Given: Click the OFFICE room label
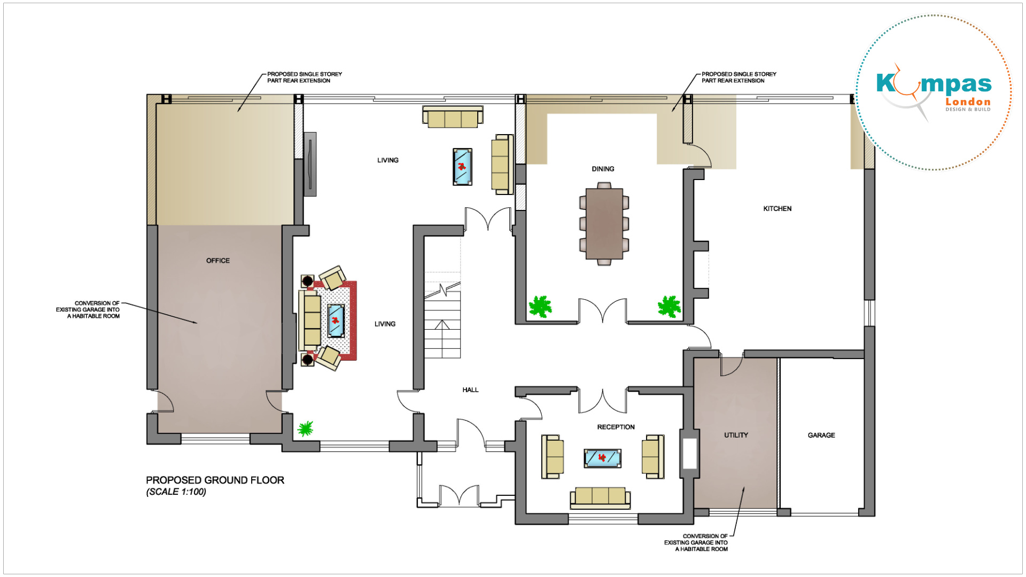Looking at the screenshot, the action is (x=218, y=261).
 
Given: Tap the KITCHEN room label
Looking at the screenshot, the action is (x=777, y=209).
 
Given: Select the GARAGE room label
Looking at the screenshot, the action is (x=821, y=435).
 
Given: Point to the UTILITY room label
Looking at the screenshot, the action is (x=736, y=435).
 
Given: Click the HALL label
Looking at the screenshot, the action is (x=470, y=390).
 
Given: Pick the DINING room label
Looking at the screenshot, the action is (x=603, y=169).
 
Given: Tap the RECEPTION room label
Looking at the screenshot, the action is (x=616, y=427).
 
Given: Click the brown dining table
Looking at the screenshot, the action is (x=604, y=223).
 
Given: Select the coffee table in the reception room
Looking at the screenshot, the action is (x=602, y=458).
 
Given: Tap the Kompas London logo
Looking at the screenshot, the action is (x=934, y=92).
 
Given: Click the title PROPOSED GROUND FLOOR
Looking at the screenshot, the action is (x=215, y=480).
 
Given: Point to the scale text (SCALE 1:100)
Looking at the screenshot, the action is (x=176, y=492).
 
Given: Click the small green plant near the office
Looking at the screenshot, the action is (x=305, y=428).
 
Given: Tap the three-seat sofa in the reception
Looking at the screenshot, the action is (x=600, y=497).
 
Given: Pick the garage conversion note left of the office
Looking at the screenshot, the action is (x=88, y=310).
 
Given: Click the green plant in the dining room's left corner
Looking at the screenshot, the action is (x=540, y=307).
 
